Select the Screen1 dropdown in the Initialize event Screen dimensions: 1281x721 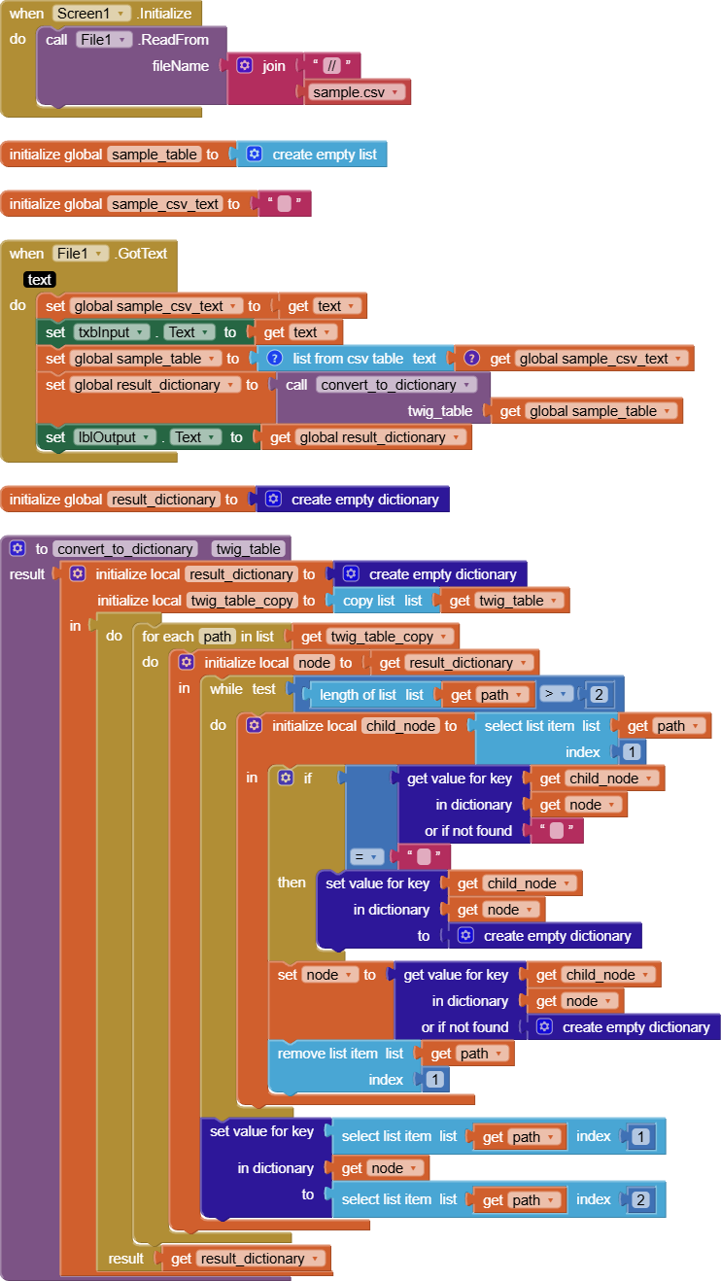tap(92, 14)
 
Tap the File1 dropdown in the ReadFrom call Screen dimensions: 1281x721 tap(104, 40)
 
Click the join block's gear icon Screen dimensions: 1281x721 tap(245, 66)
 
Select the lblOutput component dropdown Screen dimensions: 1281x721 tap(115, 437)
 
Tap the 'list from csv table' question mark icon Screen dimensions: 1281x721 tap(275, 359)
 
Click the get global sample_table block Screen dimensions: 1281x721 tap(587, 411)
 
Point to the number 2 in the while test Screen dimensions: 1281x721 tap(600, 695)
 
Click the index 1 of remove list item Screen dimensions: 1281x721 tap(434, 1080)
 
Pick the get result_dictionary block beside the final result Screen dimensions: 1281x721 tap(249, 1259)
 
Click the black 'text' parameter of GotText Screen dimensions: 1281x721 tap(40, 280)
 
